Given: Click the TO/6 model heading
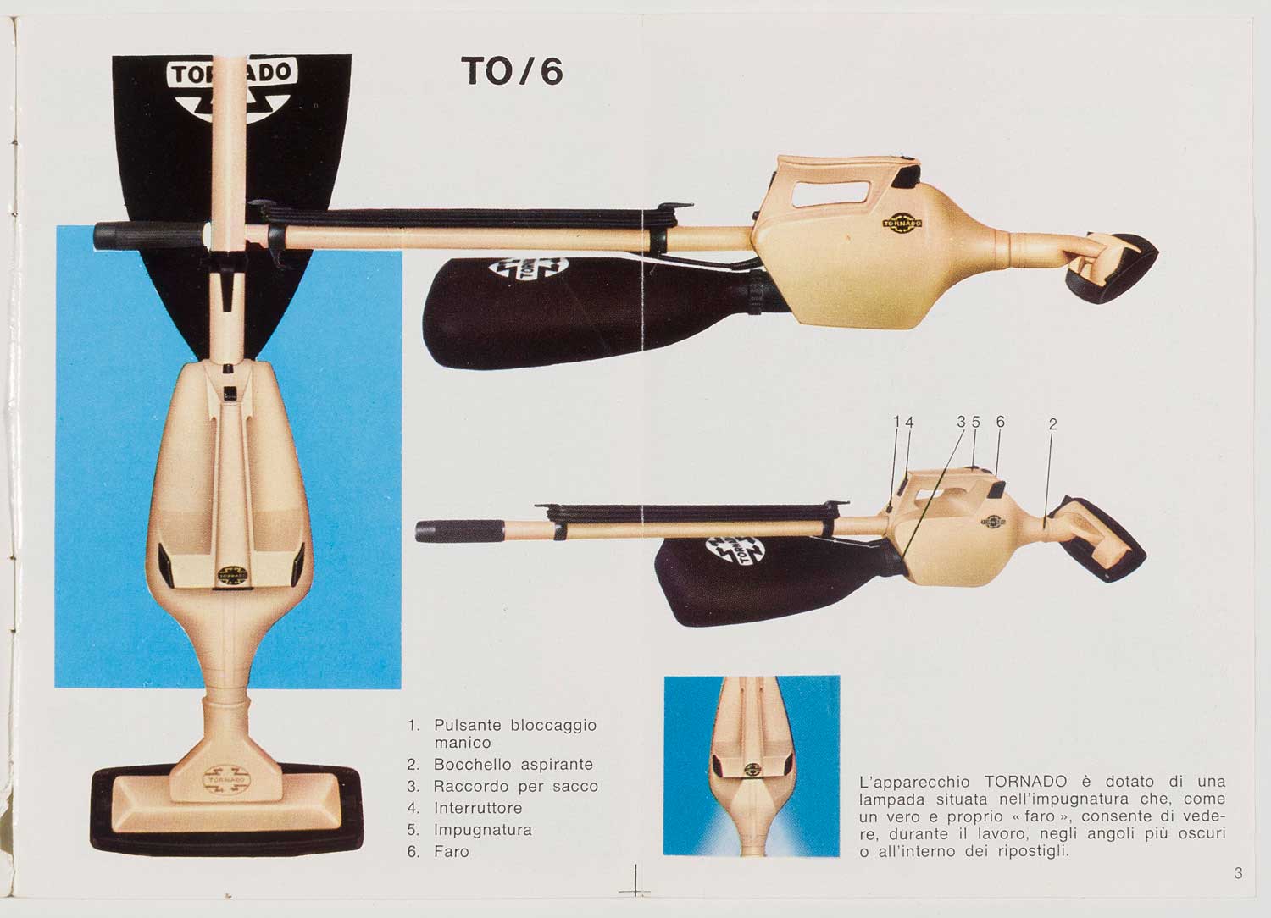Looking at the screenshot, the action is [x=513, y=71].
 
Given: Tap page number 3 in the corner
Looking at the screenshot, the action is [x=1238, y=872].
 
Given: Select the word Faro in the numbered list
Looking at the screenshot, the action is [x=452, y=852].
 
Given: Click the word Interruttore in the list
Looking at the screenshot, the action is [x=478, y=807].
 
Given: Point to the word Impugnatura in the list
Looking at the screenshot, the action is [x=483, y=830].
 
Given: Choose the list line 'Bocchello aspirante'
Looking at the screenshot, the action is [x=513, y=765].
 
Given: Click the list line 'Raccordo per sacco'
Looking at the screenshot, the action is [x=516, y=787].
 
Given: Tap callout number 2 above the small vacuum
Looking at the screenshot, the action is [x=1052, y=423].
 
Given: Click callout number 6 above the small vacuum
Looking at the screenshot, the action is [x=1001, y=421].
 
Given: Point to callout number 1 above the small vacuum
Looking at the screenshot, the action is [x=896, y=422].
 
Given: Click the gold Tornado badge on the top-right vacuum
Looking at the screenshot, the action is [x=902, y=224].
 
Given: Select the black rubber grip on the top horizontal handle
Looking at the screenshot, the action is [x=149, y=235].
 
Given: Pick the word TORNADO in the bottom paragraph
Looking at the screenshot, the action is [x=1026, y=782].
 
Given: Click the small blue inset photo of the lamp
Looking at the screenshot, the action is [x=752, y=766].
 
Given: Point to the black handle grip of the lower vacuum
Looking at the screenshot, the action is [x=459, y=531].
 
